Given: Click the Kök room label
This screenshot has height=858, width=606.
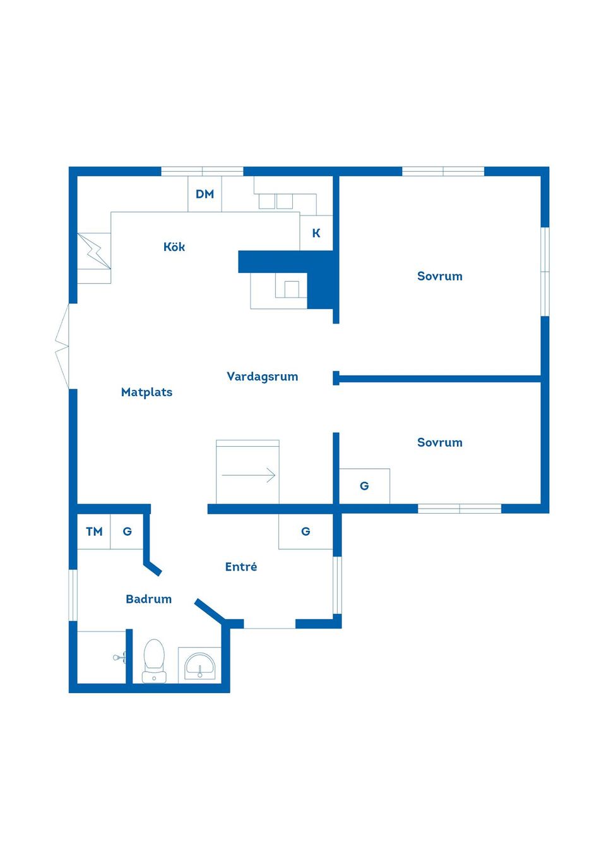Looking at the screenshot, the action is [174, 246].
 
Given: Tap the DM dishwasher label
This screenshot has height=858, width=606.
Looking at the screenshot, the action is [205, 194].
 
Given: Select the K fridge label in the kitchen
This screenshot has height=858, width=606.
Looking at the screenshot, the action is [316, 233].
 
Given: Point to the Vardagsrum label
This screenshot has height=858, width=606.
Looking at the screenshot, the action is [262, 377].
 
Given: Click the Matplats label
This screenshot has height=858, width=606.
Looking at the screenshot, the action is [146, 392].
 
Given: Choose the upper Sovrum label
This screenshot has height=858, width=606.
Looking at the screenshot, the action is [439, 276].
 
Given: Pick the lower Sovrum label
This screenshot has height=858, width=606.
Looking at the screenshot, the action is [439, 442].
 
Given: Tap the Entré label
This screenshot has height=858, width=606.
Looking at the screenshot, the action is [241, 567].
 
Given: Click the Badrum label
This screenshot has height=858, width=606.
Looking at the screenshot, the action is [148, 599].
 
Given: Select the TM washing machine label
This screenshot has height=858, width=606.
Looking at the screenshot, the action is [94, 531].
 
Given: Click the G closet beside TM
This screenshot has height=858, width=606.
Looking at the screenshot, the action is [127, 531].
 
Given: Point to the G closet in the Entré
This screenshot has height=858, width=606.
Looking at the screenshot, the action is [306, 531].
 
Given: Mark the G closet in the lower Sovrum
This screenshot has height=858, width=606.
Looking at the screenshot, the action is [364, 486].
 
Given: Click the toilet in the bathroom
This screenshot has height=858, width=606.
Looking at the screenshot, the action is [154, 661].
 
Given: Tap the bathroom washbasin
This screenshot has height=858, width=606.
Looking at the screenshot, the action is [199, 667].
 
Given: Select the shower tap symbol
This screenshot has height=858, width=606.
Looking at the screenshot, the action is [120, 657].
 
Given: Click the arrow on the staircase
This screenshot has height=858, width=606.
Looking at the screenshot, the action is [248, 475].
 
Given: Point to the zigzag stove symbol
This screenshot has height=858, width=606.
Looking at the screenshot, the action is [94, 251].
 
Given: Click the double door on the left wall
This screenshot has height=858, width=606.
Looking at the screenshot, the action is [62, 347].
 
